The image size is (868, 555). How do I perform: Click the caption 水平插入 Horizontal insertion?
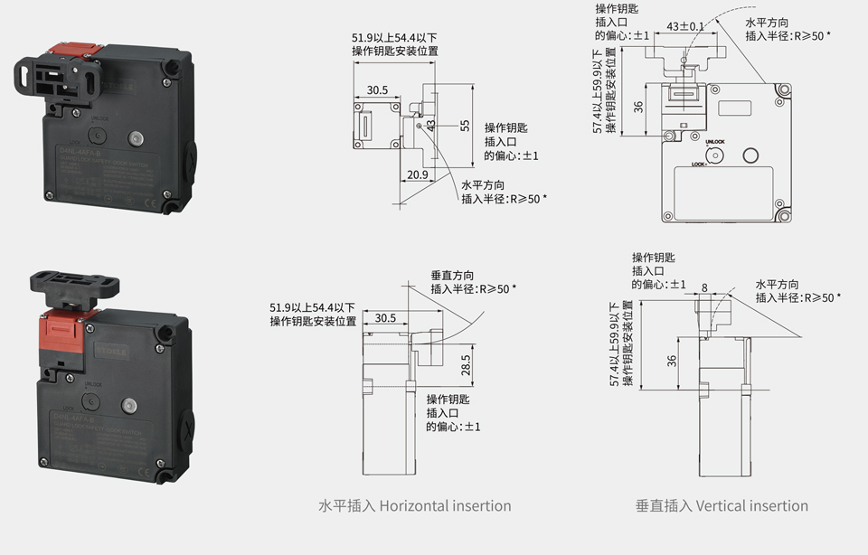tap(415, 506)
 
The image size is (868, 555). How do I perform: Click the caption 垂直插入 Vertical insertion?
tap(722, 506)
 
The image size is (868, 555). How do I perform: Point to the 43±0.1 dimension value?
tap(684, 25)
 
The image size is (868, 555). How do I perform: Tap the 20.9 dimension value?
tap(418, 174)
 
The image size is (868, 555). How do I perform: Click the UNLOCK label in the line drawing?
tap(714, 142)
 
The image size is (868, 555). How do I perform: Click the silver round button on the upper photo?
tap(135, 138)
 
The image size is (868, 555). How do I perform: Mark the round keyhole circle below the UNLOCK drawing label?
tap(714, 155)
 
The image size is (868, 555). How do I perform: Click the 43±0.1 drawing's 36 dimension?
tap(638, 107)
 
